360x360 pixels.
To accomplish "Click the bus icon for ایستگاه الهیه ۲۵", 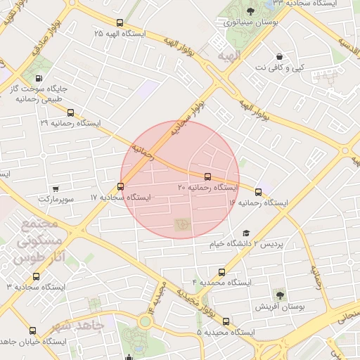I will tap(120, 22).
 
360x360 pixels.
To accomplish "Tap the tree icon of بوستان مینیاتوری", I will tap(251, 11).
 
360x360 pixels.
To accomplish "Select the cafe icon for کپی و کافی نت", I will tap(280, 56).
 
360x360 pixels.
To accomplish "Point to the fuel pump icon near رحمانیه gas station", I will tap(37, 78).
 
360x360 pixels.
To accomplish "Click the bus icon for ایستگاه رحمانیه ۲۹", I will tap(69, 112).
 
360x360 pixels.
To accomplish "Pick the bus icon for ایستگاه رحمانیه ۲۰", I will tap(207, 176).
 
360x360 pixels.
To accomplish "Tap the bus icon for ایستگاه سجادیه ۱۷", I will tap(121, 186).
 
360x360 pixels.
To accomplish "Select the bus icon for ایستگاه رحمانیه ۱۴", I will tap(258, 191).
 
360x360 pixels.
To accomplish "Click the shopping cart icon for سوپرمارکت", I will tap(56, 188).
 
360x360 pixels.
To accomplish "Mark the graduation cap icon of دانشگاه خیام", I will tap(246, 233).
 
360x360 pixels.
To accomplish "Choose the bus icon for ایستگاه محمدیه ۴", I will tap(222, 272).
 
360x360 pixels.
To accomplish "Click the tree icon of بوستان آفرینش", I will tap(280, 294).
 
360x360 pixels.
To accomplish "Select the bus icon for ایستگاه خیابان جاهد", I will tap(32, 330).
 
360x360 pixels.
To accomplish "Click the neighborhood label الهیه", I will tap(229, 55).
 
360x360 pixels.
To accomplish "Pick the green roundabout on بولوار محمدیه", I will tap(145, 322).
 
